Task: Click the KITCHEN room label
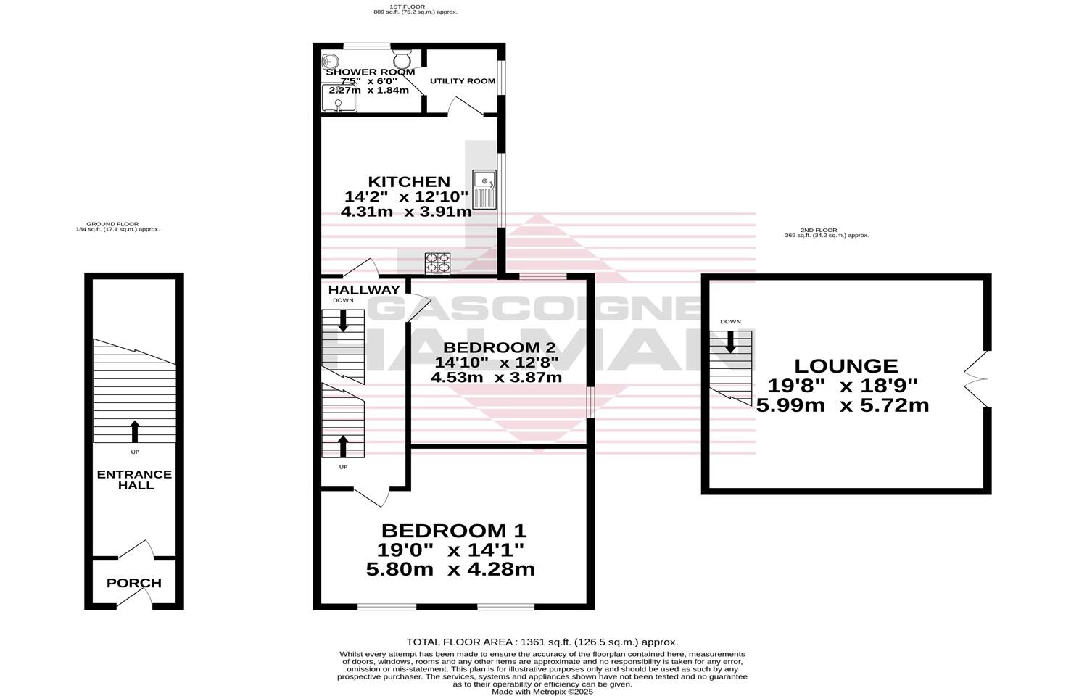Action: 408,181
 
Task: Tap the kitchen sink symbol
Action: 483,188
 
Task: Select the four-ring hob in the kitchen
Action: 437,262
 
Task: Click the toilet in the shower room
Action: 402,55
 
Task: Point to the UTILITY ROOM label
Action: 462,80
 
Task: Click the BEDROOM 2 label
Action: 496,347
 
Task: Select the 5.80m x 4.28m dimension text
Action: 450,569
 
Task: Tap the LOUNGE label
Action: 846,366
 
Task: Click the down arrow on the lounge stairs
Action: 730,341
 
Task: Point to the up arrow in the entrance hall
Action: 134,431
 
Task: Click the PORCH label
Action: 133,583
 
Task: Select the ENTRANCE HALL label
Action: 134,480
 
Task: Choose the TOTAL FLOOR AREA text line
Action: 542,642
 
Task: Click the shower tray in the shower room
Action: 339,99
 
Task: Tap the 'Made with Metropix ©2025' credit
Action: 542,692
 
